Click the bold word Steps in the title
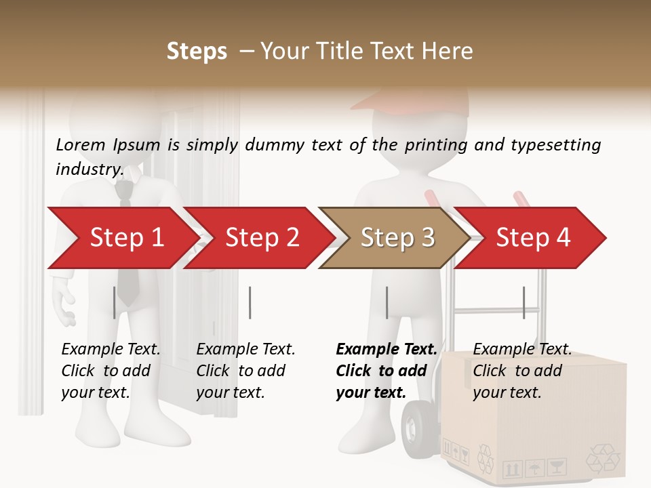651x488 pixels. click(197, 52)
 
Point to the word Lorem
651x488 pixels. click(81, 144)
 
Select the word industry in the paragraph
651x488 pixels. click(89, 169)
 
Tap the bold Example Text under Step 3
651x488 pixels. click(387, 349)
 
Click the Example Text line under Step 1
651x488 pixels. click(111, 349)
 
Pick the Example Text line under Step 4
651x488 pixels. click(522, 349)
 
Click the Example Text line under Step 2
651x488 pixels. click(245, 349)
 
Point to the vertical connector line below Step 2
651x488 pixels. click(250, 302)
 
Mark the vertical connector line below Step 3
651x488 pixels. click(387, 302)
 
